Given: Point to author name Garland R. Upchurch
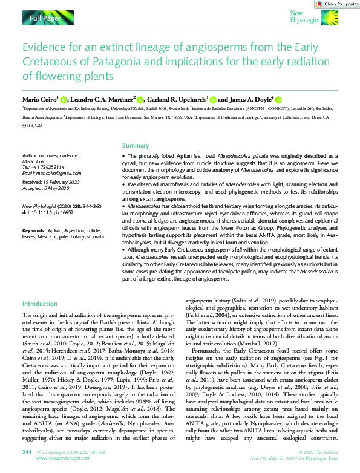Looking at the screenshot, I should tap(178, 99).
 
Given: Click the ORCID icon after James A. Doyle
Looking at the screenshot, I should tap(278, 99).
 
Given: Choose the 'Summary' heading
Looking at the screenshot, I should tap(136, 145).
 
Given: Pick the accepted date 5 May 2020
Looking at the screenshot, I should tap(59, 187).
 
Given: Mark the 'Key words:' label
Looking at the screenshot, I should tap(34, 231).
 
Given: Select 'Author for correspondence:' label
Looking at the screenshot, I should tap(50, 155).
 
